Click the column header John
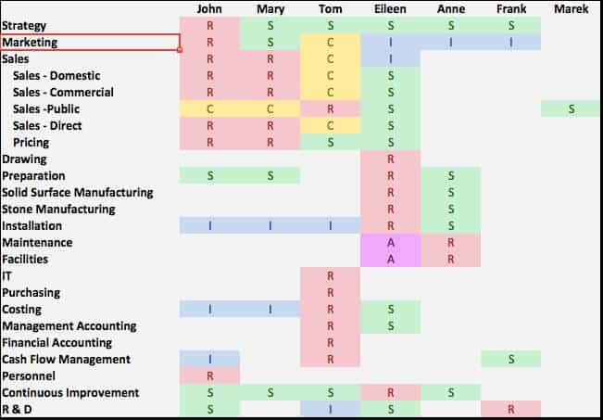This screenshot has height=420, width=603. (x=209, y=10)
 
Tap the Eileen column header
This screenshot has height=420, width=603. (x=390, y=10)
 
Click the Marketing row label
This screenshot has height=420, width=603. (x=30, y=43)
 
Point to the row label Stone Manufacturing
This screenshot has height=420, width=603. (x=58, y=210)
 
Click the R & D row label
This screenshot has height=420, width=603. (x=17, y=410)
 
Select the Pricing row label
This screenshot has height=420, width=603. (x=31, y=143)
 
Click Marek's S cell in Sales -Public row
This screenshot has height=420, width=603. (x=572, y=109)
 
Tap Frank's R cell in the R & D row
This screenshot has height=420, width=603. (x=510, y=410)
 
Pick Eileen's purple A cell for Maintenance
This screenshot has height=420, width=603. (x=390, y=243)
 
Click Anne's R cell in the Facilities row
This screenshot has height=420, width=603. (x=450, y=260)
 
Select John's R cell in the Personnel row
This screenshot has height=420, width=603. (x=209, y=376)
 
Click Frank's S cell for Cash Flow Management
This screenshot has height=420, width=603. (x=510, y=360)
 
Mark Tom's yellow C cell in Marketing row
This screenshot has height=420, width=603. (x=330, y=43)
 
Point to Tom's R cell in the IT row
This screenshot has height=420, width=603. (x=330, y=276)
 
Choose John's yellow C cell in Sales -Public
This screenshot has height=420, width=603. (x=209, y=109)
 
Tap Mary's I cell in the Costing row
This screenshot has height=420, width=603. (x=270, y=310)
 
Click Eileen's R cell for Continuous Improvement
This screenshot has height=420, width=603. (x=390, y=393)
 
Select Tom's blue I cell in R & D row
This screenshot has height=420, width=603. (x=330, y=410)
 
